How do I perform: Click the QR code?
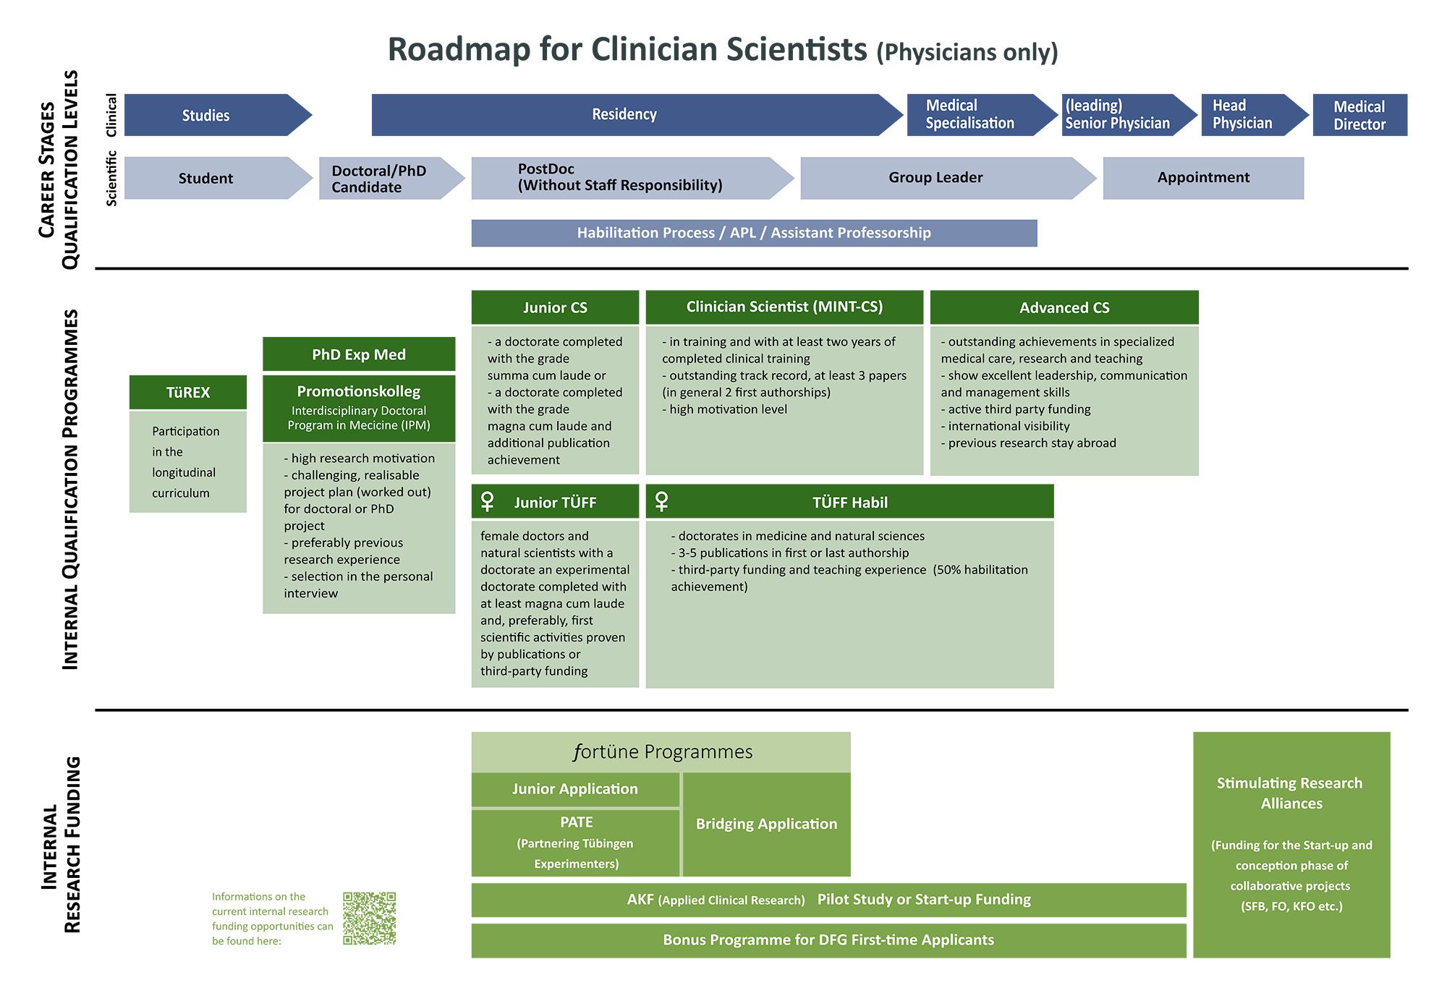click(369, 919)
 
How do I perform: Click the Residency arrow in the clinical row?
click(624, 114)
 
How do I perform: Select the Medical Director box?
click(1359, 115)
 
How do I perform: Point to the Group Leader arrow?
click(936, 178)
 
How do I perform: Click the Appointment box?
click(1203, 178)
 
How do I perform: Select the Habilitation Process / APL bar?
click(754, 233)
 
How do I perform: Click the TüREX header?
click(188, 393)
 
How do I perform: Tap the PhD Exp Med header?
click(359, 354)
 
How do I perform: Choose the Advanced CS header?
click(1064, 307)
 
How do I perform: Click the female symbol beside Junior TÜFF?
click(488, 501)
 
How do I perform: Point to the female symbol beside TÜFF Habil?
click(661, 501)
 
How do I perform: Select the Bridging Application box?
click(766, 824)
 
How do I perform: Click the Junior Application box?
click(575, 789)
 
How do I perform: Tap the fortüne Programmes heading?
click(662, 752)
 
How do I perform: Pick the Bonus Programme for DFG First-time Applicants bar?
click(828, 940)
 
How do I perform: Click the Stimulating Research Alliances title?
click(1291, 793)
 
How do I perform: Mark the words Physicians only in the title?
click(967, 53)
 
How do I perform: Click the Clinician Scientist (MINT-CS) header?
click(784, 307)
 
